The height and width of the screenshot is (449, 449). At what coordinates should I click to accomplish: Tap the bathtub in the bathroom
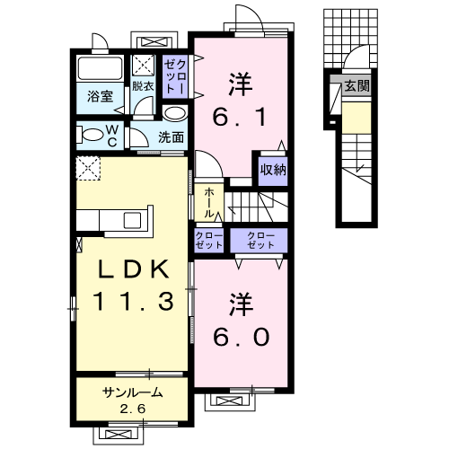101,68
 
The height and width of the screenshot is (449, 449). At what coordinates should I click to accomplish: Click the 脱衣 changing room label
143,87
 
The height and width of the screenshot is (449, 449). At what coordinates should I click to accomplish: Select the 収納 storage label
273,170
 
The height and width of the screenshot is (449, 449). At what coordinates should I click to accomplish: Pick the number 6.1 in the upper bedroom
239,118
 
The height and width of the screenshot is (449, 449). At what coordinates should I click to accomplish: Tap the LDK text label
130,270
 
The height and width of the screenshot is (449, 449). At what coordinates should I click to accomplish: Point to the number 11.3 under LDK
130,303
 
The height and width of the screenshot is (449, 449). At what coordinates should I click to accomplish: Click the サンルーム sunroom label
132,392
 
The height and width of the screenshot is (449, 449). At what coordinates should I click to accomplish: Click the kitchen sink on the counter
132,221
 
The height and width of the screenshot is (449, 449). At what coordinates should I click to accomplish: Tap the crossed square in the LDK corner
87,167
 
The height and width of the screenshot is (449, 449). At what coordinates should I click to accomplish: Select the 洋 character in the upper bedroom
239,85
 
